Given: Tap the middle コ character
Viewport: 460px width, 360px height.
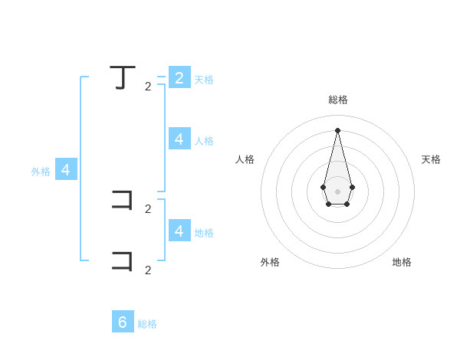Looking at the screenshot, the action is coord(123,201).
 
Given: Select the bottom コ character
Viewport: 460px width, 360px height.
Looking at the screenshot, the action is coord(123,260).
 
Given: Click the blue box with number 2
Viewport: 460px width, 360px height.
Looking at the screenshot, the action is coord(179,77).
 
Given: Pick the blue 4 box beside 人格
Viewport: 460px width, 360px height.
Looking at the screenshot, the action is coord(179,139).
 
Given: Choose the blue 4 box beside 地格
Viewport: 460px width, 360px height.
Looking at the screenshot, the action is coord(179,231).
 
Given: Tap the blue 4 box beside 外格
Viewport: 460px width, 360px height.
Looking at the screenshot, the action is coord(66,170).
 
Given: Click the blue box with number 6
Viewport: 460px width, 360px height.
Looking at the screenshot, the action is coord(123,322).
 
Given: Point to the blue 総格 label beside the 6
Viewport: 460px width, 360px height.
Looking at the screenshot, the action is coord(147,324).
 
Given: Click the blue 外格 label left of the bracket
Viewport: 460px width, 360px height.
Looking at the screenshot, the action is coord(41,172).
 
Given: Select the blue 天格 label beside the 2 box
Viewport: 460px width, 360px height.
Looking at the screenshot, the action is coord(204,80).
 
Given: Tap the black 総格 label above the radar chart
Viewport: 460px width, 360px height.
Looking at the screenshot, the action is coord(338,100).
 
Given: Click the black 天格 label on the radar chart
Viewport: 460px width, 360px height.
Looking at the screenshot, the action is coord(431,159).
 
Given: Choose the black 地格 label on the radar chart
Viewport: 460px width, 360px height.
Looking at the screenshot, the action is coord(402,262).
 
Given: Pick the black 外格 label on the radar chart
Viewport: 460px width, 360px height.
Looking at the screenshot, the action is coord(270,262).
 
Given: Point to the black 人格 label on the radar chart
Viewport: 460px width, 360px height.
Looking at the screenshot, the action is coord(245,159).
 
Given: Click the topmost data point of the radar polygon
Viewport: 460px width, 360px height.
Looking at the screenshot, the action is coord(337,129).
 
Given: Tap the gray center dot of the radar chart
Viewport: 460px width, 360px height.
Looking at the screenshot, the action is coord(337,191).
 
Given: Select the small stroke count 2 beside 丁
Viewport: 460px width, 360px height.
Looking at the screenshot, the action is coord(148,87).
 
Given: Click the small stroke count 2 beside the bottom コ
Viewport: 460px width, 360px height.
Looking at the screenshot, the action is coord(148,270).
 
